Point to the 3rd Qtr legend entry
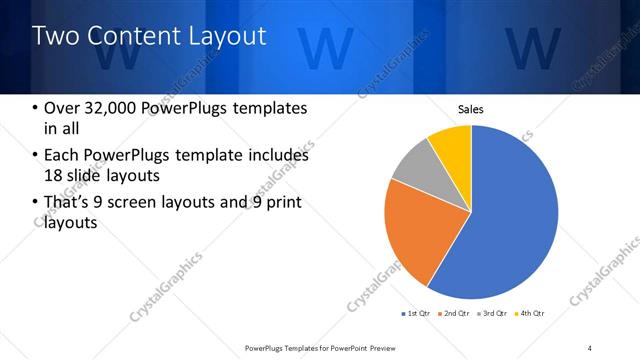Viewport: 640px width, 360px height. coord(492,314)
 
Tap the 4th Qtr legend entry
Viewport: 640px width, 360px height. coord(529,314)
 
